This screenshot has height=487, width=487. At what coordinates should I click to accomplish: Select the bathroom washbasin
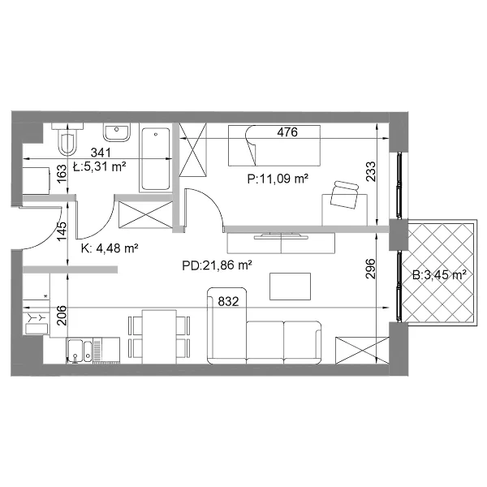(x=117, y=132)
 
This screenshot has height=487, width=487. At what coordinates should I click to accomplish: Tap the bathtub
(x=156, y=158)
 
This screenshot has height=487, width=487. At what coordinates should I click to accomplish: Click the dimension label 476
(x=287, y=132)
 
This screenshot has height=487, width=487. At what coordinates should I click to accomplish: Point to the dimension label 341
(x=101, y=153)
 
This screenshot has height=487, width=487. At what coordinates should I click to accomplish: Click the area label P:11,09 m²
(x=278, y=179)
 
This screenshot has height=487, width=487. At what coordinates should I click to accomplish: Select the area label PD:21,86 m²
(x=217, y=265)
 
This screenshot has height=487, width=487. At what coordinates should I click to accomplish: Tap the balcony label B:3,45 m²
(x=439, y=275)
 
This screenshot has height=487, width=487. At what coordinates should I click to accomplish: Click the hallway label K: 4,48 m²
(x=110, y=248)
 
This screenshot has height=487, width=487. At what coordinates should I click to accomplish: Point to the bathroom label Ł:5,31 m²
(x=99, y=166)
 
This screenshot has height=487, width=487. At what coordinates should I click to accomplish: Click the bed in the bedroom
(x=274, y=145)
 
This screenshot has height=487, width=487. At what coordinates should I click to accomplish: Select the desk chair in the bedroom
(x=344, y=195)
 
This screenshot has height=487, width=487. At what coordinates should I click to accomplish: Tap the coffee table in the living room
(x=290, y=287)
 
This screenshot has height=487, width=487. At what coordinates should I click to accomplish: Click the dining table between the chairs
(x=159, y=337)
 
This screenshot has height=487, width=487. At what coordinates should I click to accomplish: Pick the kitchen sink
(x=80, y=351)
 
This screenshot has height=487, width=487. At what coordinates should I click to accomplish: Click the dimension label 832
(x=228, y=302)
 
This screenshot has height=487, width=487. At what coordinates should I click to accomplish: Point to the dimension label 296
(x=371, y=269)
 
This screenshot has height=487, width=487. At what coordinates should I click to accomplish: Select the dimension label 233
(x=371, y=171)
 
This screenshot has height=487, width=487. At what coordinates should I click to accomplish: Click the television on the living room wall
(x=282, y=235)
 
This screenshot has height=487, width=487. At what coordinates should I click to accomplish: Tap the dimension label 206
(x=62, y=316)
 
